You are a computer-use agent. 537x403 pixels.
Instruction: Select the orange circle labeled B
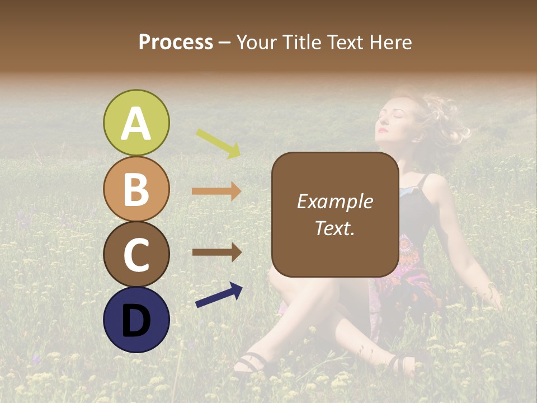136,189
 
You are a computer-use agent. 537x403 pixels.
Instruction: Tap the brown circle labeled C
136,255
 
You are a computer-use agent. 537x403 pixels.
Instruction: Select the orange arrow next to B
216,191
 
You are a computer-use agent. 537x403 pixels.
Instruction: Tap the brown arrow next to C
216,252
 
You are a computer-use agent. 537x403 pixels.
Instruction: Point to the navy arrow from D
219,294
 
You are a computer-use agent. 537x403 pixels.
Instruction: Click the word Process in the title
176,43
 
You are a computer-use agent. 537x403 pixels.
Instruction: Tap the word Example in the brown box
335,201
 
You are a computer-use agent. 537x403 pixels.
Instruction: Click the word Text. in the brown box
335,228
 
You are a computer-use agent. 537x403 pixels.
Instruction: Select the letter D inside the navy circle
136,321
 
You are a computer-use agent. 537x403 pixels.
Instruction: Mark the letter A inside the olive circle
136,123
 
